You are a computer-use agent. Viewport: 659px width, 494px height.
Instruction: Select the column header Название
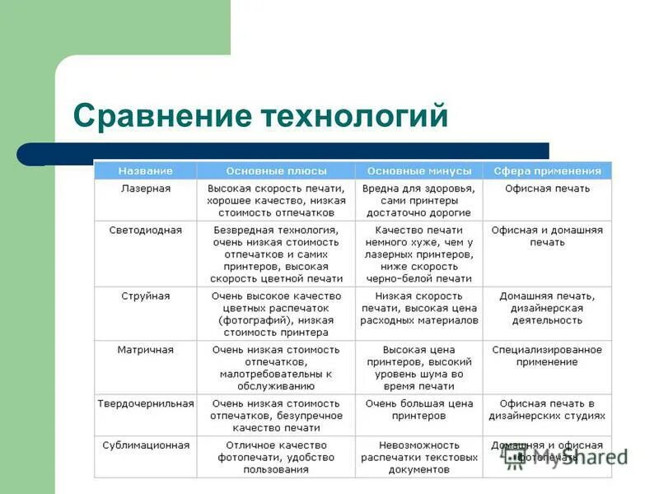tap(145, 171)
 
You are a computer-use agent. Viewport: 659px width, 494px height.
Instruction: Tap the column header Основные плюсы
tap(276, 171)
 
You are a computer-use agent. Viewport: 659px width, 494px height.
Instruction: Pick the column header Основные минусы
tap(419, 171)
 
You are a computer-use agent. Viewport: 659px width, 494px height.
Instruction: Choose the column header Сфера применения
tap(548, 171)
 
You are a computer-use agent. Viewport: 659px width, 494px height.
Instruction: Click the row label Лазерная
tap(145, 189)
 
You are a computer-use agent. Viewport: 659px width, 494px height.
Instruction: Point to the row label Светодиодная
tap(145, 231)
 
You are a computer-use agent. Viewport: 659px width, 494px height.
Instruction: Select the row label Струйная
tap(145, 296)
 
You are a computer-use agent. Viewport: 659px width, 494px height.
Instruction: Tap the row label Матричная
tap(145, 350)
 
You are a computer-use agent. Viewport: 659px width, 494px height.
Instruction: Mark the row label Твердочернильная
tap(145, 403)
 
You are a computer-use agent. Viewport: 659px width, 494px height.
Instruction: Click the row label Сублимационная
tap(145, 445)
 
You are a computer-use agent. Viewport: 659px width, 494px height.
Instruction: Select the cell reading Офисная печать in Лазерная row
tap(548, 189)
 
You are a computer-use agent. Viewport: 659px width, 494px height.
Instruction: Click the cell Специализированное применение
tap(548, 356)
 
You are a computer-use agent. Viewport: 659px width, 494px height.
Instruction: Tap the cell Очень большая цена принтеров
tap(419, 409)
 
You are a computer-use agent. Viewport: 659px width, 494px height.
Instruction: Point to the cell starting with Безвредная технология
tap(276, 254)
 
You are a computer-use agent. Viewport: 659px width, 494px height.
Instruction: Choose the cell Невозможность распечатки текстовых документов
tap(419, 457)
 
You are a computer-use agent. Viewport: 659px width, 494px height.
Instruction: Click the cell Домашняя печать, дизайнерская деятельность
tap(548, 308)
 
